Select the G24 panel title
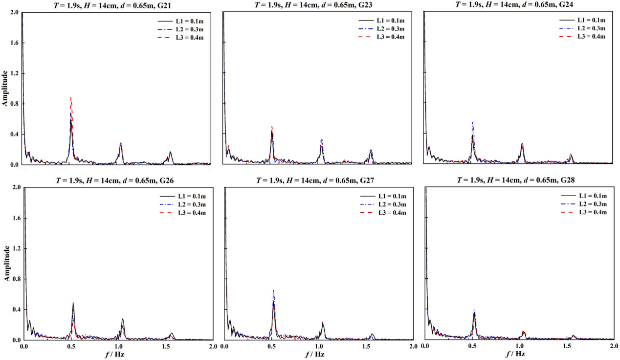pyautogui.click(x=519, y=5)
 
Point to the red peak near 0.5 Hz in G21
pyautogui.click(x=71, y=97)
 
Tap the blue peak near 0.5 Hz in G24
pyautogui.click(x=472, y=122)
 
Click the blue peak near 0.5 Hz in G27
pyautogui.click(x=273, y=291)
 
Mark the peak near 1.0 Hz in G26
pyautogui.click(x=122, y=319)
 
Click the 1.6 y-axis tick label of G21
pyautogui.click(x=15, y=43)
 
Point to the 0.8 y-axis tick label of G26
pyautogui.click(x=15, y=279)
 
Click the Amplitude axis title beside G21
pyautogui.click(x=4, y=89)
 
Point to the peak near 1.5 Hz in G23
pyautogui.click(x=371, y=150)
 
